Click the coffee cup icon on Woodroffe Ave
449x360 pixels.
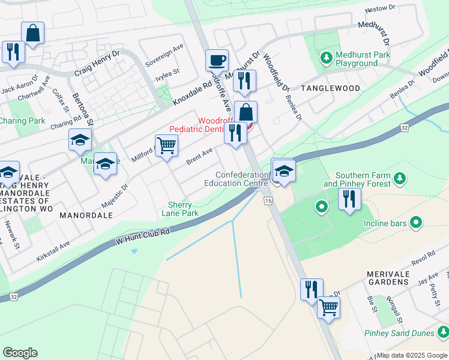pyautogui.click(x=217, y=60)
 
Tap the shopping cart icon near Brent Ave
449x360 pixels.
pyautogui.click(x=166, y=145)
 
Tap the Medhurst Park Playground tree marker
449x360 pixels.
pyautogui.click(x=326, y=58)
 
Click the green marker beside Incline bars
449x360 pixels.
pyautogui.click(x=415, y=223)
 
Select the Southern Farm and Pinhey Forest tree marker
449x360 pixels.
pyautogui.click(x=397, y=178)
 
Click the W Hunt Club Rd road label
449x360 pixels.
pyautogui.click(x=143, y=236)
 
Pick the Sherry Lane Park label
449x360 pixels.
pyautogui.click(x=182, y=209)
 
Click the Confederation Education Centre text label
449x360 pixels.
pyautogui.click(x=234, y=179)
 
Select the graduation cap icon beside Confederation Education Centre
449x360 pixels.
pyautogui.click(x=283, y=171)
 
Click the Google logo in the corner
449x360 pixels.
pyautogui.click(x=20, y=353)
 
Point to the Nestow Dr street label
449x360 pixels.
pyautogui.click(x=381, y=10)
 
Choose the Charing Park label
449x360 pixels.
pyautogui.click(x=22, y=121)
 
